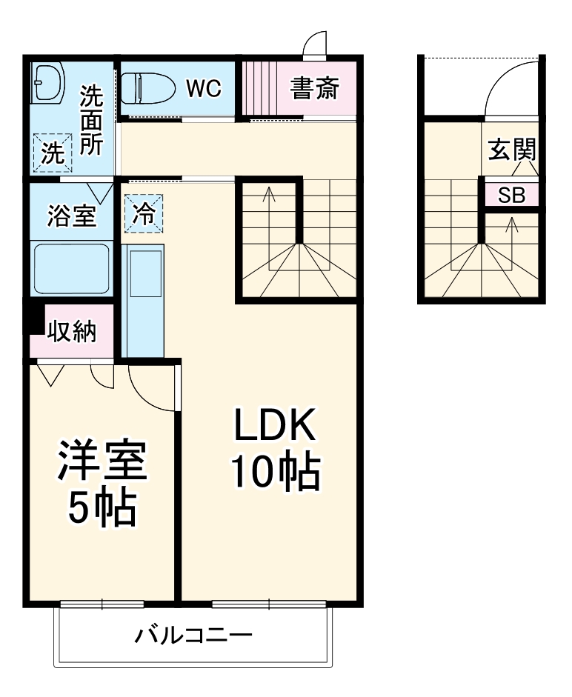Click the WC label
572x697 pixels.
pos(203,88)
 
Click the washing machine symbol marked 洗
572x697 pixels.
pos(52,153)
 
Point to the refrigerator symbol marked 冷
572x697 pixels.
pos(144,214)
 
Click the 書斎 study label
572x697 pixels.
pos(314,89)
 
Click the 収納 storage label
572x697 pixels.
pos(72,332)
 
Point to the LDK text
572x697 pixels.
pos(276,428)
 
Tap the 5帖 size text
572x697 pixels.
pos(103,507)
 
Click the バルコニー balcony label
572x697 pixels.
pos(193,636)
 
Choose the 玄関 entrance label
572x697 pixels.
pos(511,150)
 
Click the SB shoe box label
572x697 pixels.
pos(511,196)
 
